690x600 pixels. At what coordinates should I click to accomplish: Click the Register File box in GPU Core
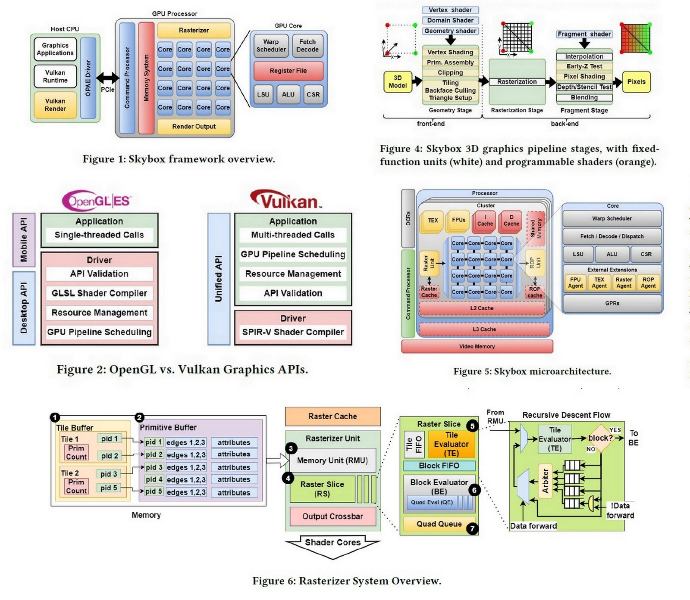click(x=288, y=71)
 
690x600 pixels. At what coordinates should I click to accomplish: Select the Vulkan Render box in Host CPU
click(x=55, y=105)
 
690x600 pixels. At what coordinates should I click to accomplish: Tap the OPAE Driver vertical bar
click(x=88, y=78)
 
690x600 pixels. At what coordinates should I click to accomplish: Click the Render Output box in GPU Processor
click(x=194, y=126)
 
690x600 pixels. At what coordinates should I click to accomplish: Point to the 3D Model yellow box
click(x=397, y=82)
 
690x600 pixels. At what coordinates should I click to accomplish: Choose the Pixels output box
click(x=636, y=82)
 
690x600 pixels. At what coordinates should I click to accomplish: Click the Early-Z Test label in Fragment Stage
click(x=584, y=66)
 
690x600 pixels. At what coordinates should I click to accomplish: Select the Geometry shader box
click(x=450, y=31)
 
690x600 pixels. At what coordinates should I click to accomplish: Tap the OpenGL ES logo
click(x=97, y=201)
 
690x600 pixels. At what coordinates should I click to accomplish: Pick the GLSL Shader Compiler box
click(x=99, y=293)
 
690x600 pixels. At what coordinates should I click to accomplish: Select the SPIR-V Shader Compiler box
click(x=293, y=332)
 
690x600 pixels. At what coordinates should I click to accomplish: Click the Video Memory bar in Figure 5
click(x=477, y=346)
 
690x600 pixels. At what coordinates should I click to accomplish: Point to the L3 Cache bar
click(x=484, y=329)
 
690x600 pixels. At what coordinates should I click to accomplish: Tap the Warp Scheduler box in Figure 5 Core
click(x=612, y=218)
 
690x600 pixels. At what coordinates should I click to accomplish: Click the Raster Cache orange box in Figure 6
click(x=332, y=417)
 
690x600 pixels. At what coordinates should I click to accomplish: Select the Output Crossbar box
click(x=332, y=516)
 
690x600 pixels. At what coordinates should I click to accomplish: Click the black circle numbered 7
click(x=473, y=528)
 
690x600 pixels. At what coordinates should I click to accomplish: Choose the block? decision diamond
click(x=600, y=438)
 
